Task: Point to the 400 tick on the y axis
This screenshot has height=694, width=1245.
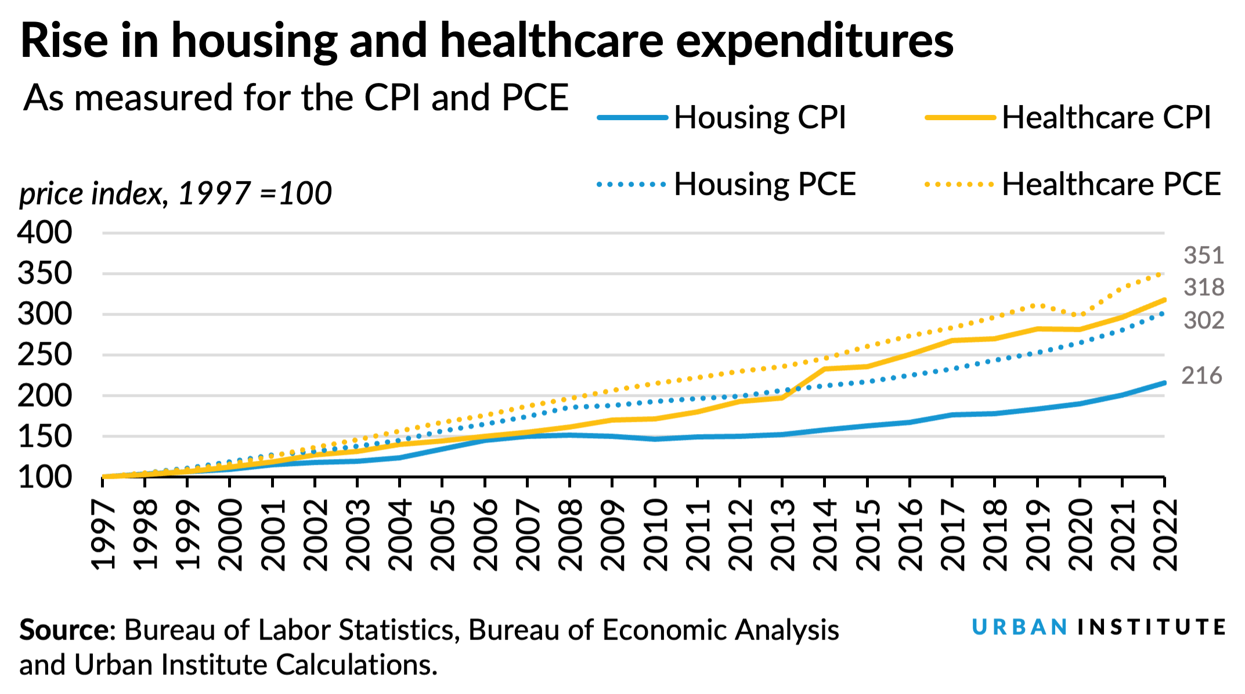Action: tap(45, 233)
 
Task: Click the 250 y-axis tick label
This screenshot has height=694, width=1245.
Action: tap(45, 355)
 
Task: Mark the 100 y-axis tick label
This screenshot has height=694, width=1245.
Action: tap(45, 477)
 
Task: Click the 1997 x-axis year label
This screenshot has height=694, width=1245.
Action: tap(103, 535)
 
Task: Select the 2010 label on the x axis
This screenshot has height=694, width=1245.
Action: tap(656, 535)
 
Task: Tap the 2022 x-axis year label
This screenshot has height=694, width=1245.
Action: tap(1165, 535)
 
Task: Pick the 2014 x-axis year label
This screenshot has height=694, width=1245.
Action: tap(825, 535)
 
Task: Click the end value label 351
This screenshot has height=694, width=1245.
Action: tap(1203, 256)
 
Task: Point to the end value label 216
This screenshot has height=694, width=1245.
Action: tap(1201, 376)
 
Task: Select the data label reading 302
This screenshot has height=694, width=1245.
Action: tap(1203, 320)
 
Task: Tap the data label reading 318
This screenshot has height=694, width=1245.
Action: tap(1203, 287)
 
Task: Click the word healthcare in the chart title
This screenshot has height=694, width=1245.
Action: tap(551, 41)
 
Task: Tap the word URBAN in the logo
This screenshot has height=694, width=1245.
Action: tap(1019, 627)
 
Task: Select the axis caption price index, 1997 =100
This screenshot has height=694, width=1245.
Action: tap(175, 193)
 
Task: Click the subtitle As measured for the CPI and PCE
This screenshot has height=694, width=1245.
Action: tap(296, 97)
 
